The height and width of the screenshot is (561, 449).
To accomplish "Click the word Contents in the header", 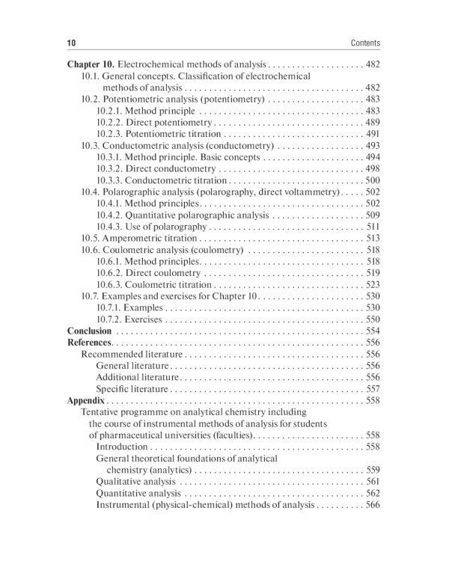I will click(365, 43).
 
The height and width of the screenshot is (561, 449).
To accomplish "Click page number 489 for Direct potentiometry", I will click(373, 123).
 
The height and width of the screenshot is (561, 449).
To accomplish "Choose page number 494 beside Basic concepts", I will click(373, 158).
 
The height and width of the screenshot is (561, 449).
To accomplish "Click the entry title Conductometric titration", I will click(176, 180).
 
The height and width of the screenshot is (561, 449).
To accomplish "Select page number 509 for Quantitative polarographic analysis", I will click(373, 215).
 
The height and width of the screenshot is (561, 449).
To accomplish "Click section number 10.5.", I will click(90, 239).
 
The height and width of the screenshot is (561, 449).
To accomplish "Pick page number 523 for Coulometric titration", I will click(373, 285).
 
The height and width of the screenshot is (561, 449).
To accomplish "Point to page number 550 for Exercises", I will click(373, 319).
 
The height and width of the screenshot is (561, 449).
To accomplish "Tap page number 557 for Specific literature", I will click(373, 389).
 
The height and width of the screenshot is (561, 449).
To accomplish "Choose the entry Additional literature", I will click(138, 378).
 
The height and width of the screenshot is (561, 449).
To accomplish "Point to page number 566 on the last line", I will click(373, 505).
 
